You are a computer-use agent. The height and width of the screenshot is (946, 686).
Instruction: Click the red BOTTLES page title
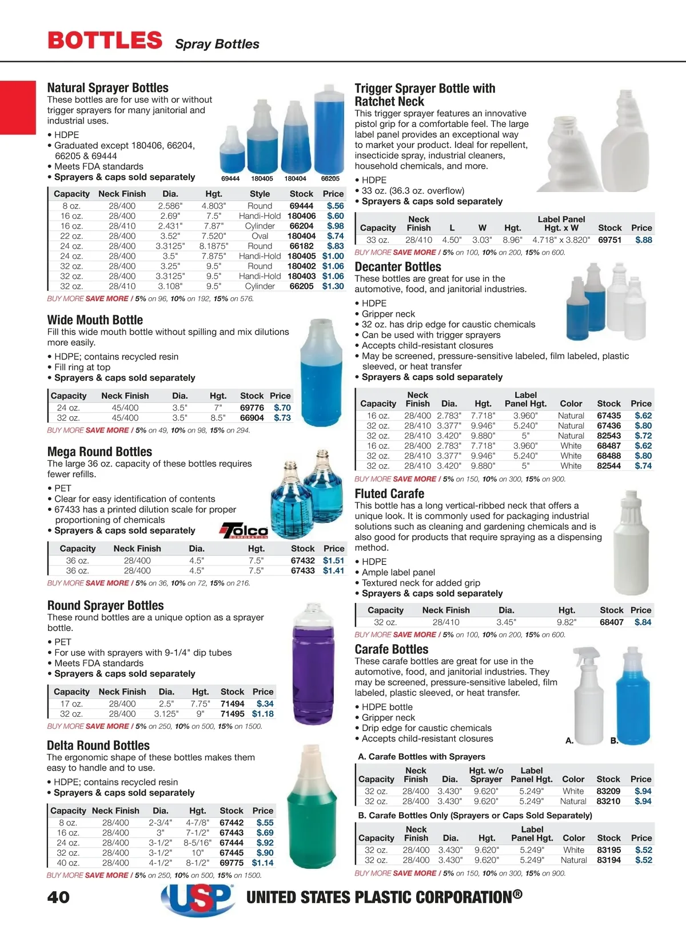pyautogui.click(x=105, y=41)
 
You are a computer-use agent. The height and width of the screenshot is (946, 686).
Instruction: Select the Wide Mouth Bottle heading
pyautogui.click(x=95, y=320)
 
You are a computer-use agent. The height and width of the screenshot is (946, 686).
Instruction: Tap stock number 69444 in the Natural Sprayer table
pyautogui.click(x=301, y=206)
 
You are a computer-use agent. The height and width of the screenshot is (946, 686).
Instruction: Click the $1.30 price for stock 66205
pyautogui.click(x=333, y=286)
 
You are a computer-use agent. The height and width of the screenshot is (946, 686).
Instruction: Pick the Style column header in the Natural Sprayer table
pyautogui.click(x=260, y=194)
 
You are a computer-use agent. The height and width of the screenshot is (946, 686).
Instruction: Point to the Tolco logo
pyautogui.click(x=244, y=531)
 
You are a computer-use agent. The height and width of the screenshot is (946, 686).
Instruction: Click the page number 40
pyautogui.click(x=58, y=897)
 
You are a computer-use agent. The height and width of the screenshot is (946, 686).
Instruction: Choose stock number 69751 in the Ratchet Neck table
pyautogui.click(x=609, y=240)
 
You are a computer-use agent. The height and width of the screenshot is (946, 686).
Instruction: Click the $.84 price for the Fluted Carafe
pyautogui.click(x=643, y=622)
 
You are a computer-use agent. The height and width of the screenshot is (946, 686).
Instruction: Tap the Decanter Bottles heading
pyautogui.click(x=398, y=267)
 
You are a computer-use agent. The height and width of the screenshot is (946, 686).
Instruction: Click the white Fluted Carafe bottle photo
pyautogui.click(x=631, y=543)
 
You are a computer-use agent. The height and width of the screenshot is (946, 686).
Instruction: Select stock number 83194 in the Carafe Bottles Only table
pyautogui.click(x=609, y=860)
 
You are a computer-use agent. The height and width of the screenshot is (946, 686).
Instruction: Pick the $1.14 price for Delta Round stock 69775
pyautogui.click(x=262, y=863)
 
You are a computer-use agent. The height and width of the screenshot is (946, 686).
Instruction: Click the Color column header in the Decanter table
pyautogui.click(x=571, y=404)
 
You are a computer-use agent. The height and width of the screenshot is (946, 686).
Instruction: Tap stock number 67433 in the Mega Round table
pyautogui.click(x=302, y=570)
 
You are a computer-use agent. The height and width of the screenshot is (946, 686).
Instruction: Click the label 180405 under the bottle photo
pyautogui.click(x=262, y=179)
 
